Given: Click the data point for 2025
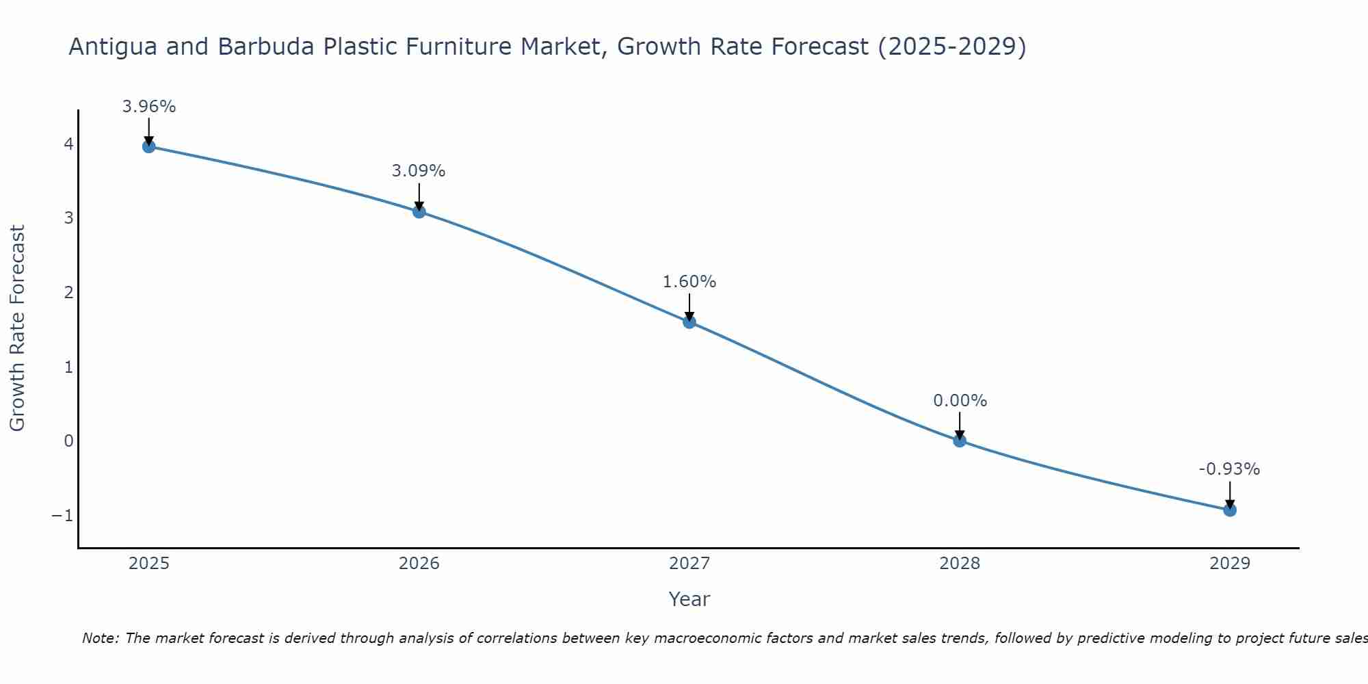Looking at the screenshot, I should pos(149,146).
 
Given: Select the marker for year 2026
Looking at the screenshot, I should pos(419,211).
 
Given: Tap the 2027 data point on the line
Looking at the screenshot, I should pos(689,322).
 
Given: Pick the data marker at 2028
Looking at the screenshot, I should pos(960,440).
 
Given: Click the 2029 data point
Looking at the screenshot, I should pos(1230,510).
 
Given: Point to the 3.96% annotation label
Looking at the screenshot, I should pos(149,107).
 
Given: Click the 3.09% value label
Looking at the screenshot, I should pos(419,171).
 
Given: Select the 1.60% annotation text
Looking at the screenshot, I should pos(689,282).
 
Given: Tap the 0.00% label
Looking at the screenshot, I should pos(960,401).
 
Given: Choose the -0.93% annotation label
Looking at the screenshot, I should pos(1229,469).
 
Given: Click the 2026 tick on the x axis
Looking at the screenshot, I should pos(419,564).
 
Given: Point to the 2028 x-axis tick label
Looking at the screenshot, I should pos(960,564).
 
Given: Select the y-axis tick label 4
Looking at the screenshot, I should pos(68,144).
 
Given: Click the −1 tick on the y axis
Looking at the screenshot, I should pos(62,515).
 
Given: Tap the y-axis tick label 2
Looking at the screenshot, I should pos(68,292).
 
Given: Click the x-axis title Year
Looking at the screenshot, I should pos(689,599).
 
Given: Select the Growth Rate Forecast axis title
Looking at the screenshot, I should pos(17,328).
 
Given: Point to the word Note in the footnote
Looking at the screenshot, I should pos(101,638).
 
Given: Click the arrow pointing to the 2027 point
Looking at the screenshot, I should pos(689,306).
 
